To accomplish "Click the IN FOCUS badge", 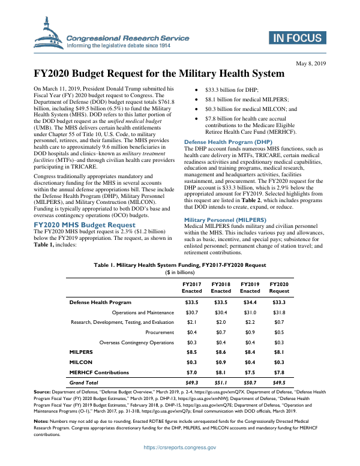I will [296, 38].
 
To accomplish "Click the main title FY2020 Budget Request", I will [158, 74].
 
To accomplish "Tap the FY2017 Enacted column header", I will [192, 286].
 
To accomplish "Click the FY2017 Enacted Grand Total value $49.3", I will [192, 381].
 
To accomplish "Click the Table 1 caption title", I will [180, 264].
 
